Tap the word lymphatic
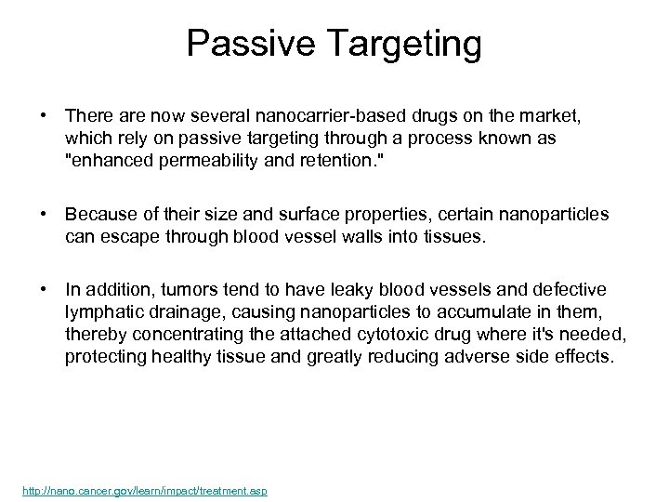click(101, 311)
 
